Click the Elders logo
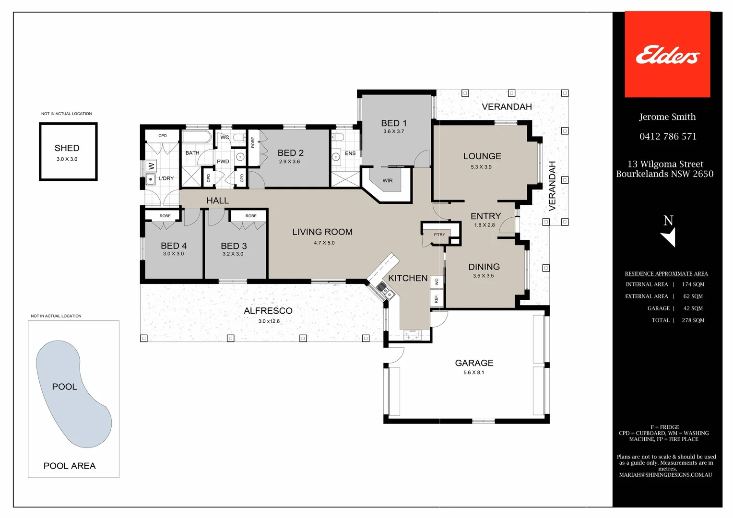667,55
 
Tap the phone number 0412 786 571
668,137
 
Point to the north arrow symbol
669,236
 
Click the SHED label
67,148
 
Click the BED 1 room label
394,123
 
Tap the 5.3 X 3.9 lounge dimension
481,167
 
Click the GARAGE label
474,363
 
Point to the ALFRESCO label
268,311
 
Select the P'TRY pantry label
439,235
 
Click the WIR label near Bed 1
388,181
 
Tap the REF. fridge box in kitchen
437,298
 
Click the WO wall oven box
437,282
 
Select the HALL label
217,200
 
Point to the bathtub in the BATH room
197,138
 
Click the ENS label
350,153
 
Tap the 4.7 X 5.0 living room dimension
324,243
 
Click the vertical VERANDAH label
552,186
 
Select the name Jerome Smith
667,117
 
